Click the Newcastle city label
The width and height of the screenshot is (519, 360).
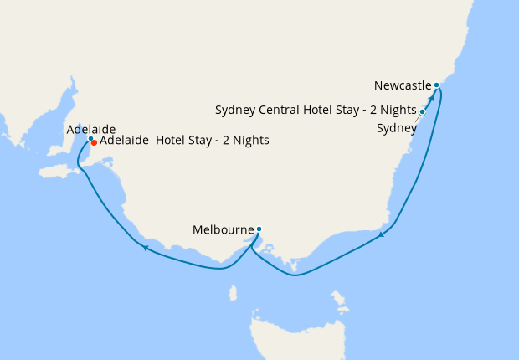403,85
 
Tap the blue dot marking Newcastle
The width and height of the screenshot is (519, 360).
437,85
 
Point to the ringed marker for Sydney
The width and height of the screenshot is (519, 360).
423,111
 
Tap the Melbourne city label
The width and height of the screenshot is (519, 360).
222,229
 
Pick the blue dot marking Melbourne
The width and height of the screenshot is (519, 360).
259,229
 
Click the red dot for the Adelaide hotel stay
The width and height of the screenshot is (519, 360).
94,143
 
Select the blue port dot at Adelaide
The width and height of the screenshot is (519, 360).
90,139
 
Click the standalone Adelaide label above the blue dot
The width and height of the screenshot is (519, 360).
90,129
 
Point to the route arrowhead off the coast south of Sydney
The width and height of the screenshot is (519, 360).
382,234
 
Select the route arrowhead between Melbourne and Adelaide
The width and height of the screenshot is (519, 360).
146,248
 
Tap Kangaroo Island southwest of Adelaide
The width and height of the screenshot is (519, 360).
60,171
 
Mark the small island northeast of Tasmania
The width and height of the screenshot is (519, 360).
339,300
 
